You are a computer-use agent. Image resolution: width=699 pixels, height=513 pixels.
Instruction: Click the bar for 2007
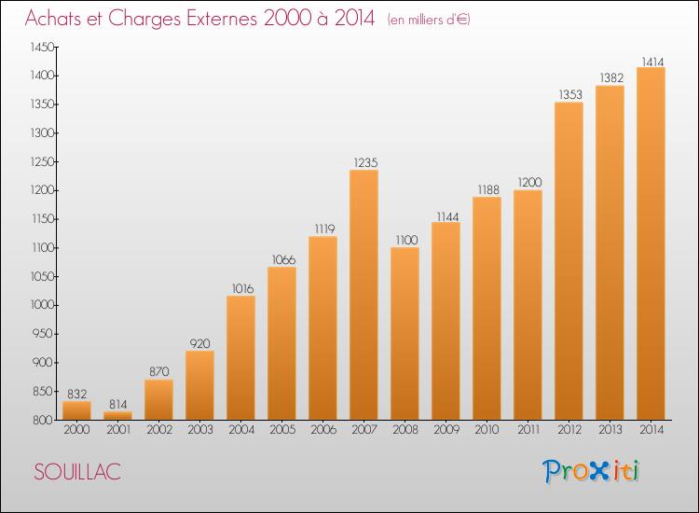click(x=363, y=295)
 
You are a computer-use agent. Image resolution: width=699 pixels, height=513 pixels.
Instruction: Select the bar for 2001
click(x=117, y=416)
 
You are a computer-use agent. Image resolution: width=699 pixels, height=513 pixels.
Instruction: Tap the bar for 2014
click(x=651, y=243)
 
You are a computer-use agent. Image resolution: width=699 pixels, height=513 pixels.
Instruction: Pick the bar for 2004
click(x=240, y=358)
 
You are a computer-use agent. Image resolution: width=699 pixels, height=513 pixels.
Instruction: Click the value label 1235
click(x=365, y=163)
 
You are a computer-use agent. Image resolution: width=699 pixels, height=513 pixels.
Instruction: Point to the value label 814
click(x=118, y=405)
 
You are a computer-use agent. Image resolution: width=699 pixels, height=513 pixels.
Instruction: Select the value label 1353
click(x=570, y=94)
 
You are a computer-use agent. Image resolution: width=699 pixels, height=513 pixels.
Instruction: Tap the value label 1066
click(x=284, y=259)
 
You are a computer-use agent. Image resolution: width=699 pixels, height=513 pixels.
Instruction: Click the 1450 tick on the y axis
click(x=42, y=48)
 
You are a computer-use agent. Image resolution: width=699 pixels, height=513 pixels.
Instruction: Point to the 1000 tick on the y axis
click(x=42, y=305)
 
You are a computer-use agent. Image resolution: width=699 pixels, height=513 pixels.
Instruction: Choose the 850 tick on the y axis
click(x=43, y=391)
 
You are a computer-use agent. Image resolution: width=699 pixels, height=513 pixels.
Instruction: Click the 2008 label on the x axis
click(x=405, y=430)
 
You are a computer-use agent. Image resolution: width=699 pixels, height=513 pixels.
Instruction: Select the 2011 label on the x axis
click(x=528, y=430)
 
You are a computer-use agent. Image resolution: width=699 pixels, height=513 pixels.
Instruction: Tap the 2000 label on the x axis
click(x=76, y=430)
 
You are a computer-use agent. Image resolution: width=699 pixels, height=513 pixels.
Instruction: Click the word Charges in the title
click(x=144, y=19)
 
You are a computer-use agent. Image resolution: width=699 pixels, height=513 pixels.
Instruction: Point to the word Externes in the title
click(x=222, y=19)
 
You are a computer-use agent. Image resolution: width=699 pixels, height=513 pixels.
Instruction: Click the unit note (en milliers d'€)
click(x=429, y=20)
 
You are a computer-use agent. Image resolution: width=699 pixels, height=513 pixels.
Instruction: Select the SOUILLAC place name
click(x=77, y=472)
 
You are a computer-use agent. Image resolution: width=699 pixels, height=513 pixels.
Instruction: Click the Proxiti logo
click(x=591, y=471)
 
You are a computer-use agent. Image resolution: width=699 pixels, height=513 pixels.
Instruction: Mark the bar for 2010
click(x=487, y=308)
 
